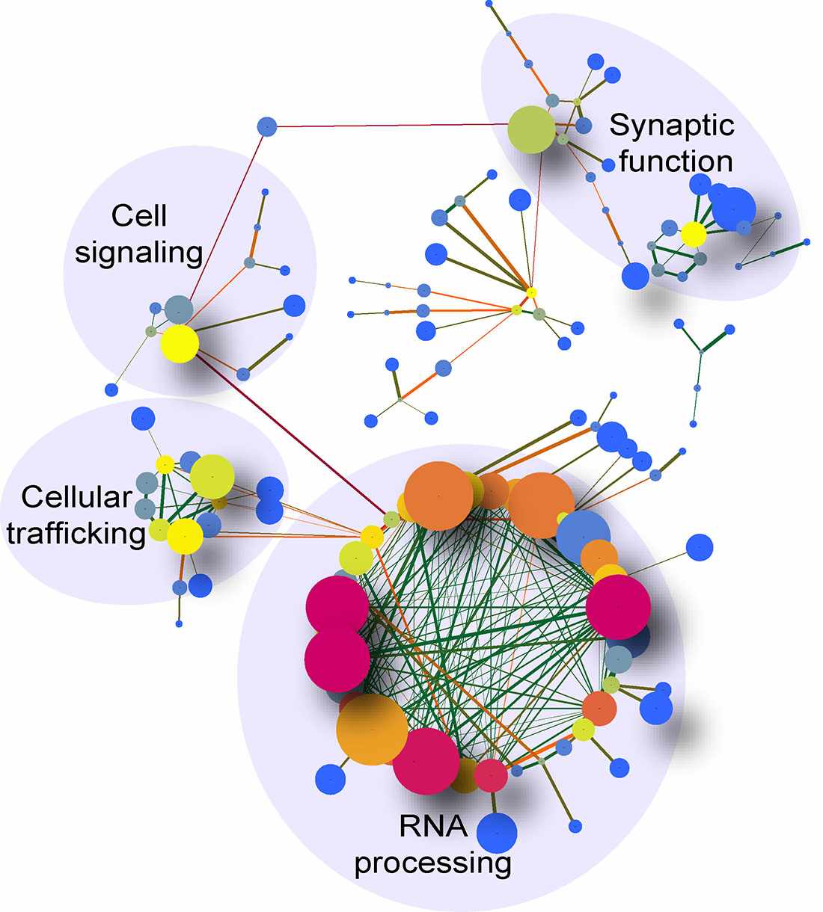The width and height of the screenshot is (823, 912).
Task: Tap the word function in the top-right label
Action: coord(675,161)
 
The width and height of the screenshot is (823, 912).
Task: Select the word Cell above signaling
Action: coord(139,217)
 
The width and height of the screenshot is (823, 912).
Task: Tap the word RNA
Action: coord(433,827)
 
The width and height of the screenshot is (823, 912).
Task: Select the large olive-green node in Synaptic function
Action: coord(530,129)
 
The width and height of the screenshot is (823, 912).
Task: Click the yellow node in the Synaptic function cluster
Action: coord(694,234)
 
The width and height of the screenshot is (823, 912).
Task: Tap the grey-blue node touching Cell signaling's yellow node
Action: coord(178,308)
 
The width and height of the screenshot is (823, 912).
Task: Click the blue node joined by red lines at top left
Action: coord(267,126)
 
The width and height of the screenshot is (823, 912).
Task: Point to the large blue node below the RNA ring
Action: coord(497,832)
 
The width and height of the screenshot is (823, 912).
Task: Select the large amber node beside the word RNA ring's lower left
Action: coord(372,730)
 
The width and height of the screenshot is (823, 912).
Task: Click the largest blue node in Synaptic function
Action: coord(736,209)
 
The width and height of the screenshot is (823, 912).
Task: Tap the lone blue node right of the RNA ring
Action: coord(699,546)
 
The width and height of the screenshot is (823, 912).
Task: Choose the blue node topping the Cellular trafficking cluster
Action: coord(142,419)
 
